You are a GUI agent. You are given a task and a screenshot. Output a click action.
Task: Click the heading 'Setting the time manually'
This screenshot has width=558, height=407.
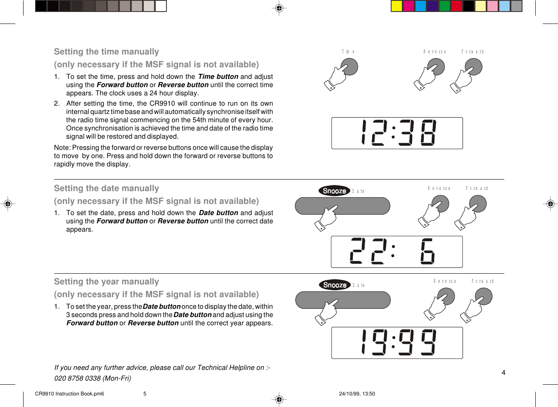pyautogui.click(x=106, y=52)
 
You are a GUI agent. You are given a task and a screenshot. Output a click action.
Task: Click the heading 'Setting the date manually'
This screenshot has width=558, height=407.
pyautogui.click(x=106, y=188)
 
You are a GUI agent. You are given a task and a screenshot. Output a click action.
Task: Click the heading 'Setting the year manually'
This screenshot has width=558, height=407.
pyautogui.click(x=106, y=282)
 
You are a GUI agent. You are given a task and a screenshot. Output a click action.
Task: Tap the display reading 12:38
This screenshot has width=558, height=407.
pyautogui.click(x=397, y=133)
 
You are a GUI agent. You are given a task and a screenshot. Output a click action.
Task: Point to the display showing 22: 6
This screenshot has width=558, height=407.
pyautogui.click(x=397, y=252)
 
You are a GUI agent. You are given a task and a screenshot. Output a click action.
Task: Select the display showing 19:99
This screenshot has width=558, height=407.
pyautogui.click(x=397, y=343)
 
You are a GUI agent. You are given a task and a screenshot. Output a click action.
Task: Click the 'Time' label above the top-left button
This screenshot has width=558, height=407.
pyautogui.click(x=348, y=52)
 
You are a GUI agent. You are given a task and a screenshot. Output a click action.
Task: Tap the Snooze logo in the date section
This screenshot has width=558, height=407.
pyautogui.click(x=334, y=191)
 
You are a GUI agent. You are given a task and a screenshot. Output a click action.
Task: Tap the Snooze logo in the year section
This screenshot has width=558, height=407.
pyautogui.click(x=335, y=285)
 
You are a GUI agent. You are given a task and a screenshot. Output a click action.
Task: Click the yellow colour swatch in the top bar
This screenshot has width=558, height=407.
pyautogui.click(x=397, y=6)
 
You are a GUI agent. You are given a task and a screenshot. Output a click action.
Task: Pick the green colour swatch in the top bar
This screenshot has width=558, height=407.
pyautogui.click(x=444, y=6)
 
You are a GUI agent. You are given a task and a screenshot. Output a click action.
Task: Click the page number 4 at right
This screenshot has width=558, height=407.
pyautogui.click(x=503, y=372)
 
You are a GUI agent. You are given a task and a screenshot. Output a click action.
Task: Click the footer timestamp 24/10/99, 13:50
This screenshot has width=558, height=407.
pyautogui.click(x=357, y=394)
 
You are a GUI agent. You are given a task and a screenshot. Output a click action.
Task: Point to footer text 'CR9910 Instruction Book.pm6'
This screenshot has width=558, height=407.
pyautogui.click(x=69, y=394)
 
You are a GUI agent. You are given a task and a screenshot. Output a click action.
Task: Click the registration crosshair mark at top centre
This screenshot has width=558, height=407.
pyautogui.click(x=279, y=8)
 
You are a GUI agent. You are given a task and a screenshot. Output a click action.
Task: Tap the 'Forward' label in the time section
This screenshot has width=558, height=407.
pyautogui.click(x=472, y=52)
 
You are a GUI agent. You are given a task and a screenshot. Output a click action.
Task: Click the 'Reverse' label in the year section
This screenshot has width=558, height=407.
pyautogui.click(x=444, y=281)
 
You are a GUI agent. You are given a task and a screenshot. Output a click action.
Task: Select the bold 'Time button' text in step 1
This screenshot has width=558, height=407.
pyautogui.click(x=218, y=76)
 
